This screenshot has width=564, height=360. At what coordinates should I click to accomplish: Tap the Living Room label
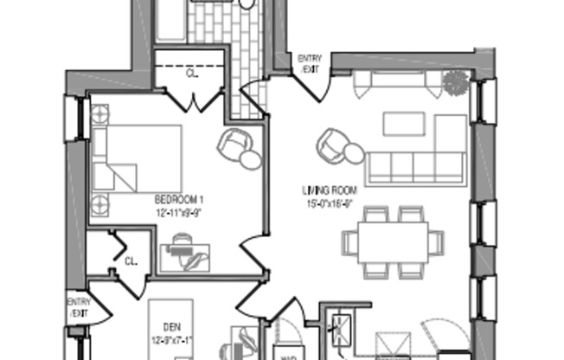[x=330, y=191]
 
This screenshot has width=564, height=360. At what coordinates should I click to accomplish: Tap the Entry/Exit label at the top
[x=309, y=62]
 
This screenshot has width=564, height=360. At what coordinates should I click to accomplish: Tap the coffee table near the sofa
[x=404, y=123]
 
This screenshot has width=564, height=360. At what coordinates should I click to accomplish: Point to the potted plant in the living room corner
[x=455, y=84]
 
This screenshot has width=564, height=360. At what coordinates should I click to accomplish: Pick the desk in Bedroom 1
[x=185, y=255]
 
